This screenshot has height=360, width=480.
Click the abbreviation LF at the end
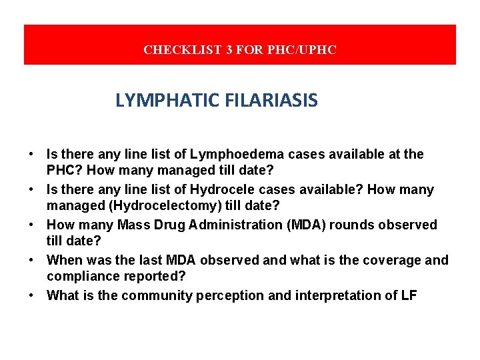[x=408, y=295]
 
